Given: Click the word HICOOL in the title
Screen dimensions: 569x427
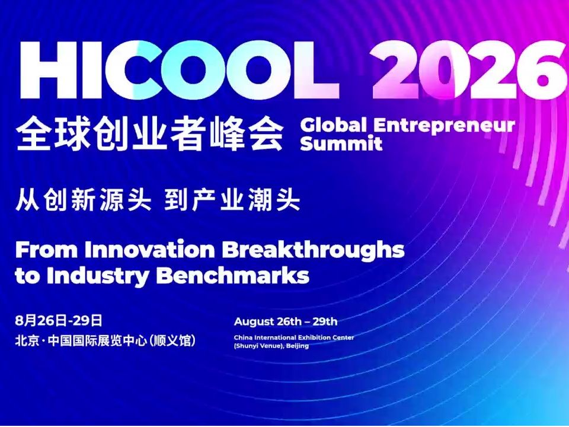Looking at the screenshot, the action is click(x=180, y=70).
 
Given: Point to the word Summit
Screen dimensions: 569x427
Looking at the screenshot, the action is click(x=341, y=143).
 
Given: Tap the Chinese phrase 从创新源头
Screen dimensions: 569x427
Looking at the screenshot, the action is click(x=83, y=200).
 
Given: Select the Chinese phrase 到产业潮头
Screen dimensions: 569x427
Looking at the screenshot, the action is click(x=232, y=200).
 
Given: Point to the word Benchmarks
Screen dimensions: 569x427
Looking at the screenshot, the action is click(x=234, y=276).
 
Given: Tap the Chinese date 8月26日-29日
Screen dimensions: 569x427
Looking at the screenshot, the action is click(x=59, y=321).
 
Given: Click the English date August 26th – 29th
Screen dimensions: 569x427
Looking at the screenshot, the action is click(x=286, y=321).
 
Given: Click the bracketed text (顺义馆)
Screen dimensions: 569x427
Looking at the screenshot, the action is click(x=172, y=341).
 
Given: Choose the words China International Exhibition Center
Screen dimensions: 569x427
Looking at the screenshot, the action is click(x=294, y=337).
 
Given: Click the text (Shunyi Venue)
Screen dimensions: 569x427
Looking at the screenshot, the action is click(x=259, y=346).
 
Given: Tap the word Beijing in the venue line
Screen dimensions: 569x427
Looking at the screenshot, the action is click(x=297, y=346).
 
